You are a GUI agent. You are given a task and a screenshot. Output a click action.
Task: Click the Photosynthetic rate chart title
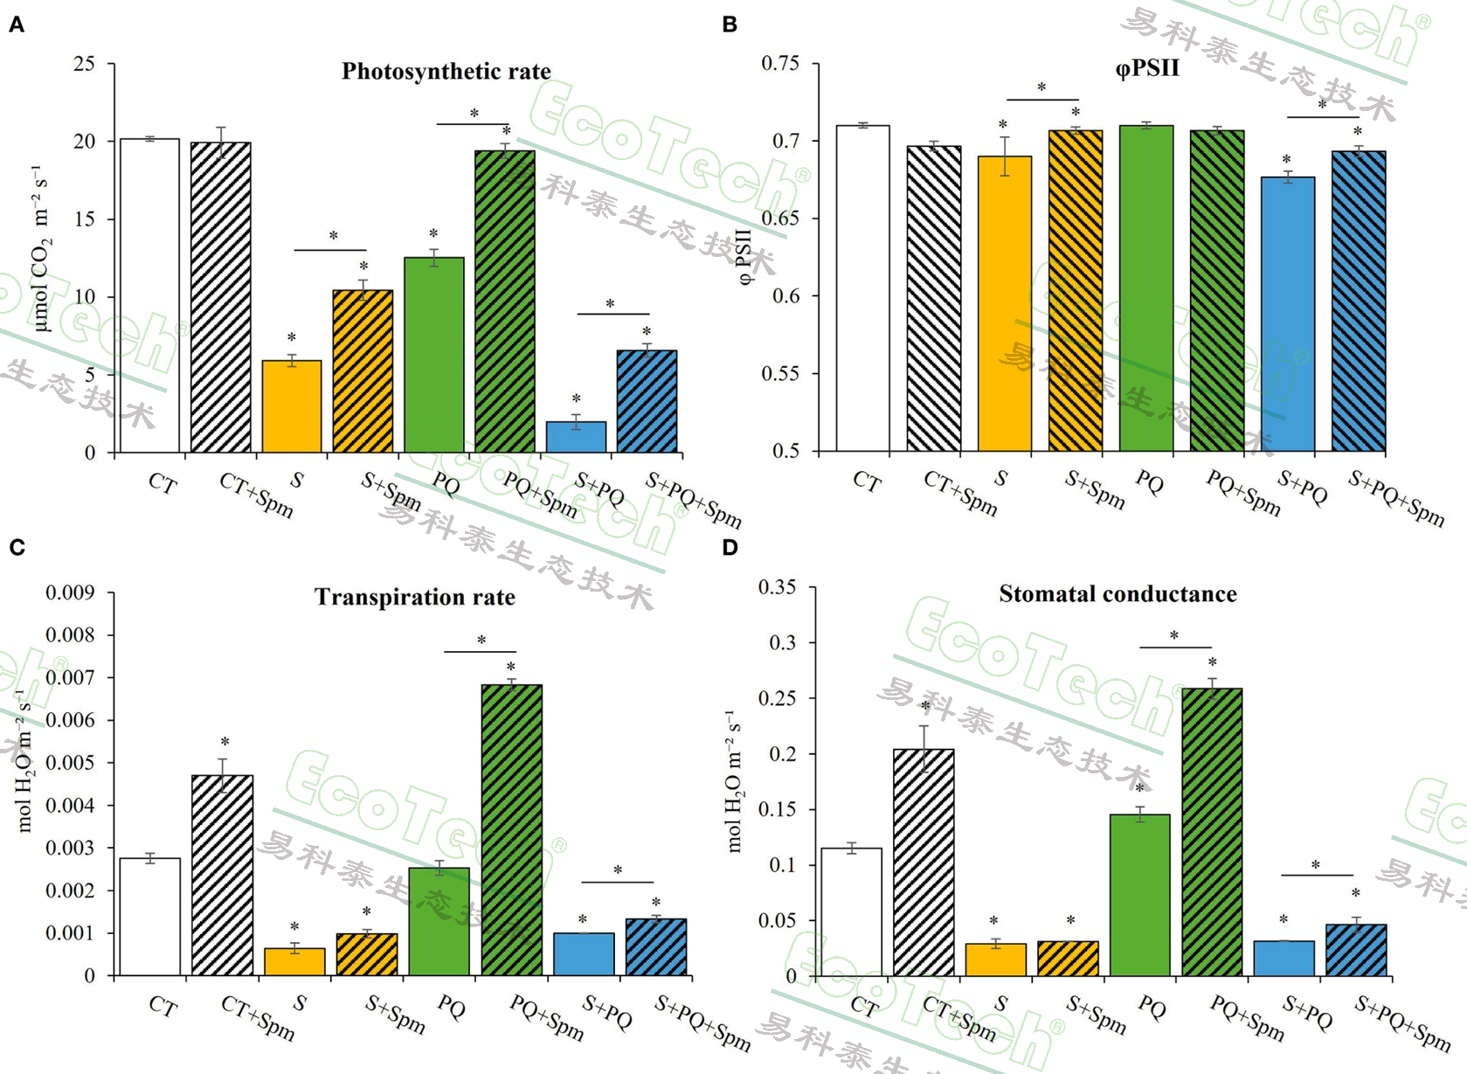[x=446, y=72]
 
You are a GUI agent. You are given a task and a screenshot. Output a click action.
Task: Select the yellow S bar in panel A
[x=292, y=406]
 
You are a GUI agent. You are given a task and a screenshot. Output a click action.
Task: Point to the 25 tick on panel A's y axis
[x=85, y=64]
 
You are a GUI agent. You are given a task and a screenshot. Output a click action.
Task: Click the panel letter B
[x=730, y=24]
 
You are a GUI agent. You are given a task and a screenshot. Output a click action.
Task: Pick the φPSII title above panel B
[x=1147, y=68]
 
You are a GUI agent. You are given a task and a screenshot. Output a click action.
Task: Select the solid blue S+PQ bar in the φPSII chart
[x=1288, y=315]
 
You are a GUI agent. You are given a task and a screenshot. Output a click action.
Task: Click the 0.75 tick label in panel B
[x=780, y=64]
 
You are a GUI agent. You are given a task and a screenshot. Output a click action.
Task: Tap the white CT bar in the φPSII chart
[x=862, y=288]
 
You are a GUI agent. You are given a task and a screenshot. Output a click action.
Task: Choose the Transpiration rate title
[x=414, y=598]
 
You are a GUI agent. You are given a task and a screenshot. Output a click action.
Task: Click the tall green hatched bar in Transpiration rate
[x=511, y=830]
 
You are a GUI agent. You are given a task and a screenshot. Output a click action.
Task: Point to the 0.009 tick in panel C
[x=70, y=593]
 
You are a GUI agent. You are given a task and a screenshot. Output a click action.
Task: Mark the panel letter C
[x=17, y=548]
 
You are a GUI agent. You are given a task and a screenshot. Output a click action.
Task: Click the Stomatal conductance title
[x=1118, y=594]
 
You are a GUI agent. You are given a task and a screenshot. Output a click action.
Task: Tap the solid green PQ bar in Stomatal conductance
[x=1139, y=895]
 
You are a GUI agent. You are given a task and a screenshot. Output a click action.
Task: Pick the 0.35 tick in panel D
[x=777, y=587]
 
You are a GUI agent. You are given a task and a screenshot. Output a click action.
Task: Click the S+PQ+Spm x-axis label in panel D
[x=1401, y=1022]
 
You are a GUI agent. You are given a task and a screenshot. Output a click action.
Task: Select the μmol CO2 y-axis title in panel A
[x=41, y=249]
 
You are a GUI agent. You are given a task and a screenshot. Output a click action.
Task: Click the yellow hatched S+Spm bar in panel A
[x=363, y=371]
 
